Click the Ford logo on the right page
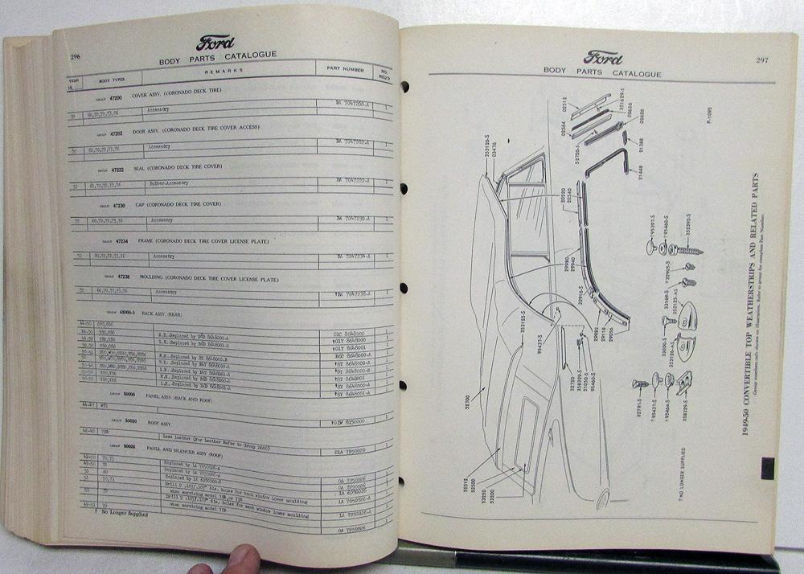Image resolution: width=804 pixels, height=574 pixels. point(603,58)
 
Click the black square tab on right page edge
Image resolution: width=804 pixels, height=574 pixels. point(766,467)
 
